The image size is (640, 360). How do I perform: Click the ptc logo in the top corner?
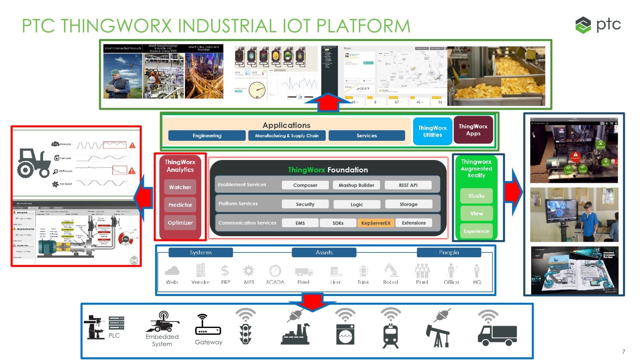(598, 25)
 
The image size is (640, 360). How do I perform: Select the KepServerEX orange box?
(375, 223)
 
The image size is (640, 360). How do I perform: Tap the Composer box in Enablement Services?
(305, 185)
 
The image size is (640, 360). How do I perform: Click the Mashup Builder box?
(356, 185)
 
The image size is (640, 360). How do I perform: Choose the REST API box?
(408, 185)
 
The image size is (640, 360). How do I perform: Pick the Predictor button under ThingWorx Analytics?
(180, 205)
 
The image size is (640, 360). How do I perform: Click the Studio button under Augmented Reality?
(476, 196)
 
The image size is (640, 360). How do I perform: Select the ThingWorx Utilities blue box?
(432, 131)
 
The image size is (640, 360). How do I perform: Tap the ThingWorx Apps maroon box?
(473, 130)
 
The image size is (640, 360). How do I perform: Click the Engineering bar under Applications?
(207, 136)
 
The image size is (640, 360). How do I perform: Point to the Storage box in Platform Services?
(408, 204)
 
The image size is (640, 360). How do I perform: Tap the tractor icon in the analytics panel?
(33, 163)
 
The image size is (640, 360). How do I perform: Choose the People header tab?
(449, 253)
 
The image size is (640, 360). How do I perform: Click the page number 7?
(623, 352)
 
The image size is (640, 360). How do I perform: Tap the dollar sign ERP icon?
(225, 271)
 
